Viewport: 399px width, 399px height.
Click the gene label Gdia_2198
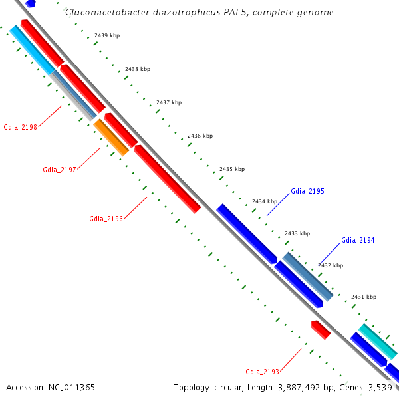pos(20,126)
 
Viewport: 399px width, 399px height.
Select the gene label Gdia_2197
pos(59,170)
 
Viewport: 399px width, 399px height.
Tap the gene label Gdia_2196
pos(106,219)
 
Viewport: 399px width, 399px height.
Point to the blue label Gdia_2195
pos(307,192)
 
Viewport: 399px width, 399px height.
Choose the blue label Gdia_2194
pos(358,240)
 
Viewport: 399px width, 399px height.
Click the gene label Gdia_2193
pos(262,372)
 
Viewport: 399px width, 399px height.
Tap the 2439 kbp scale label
pos(106,35)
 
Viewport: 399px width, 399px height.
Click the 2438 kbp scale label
pos(138,69)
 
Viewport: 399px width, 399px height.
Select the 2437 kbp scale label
pos(169,103)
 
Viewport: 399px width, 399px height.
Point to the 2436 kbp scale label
pos(200,136)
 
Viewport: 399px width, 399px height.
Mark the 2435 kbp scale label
pos(232,170)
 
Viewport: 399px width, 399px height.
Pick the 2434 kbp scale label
pos(265,201)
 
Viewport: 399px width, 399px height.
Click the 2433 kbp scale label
pos(297,233)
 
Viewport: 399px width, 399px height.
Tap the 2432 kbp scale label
pos(331,265)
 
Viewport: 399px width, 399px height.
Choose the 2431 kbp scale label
pos(364,297)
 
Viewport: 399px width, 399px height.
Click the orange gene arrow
pos(111,138)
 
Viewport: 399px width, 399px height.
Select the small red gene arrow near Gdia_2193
pos(321,329)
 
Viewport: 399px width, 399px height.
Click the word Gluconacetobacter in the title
pos(104,13)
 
